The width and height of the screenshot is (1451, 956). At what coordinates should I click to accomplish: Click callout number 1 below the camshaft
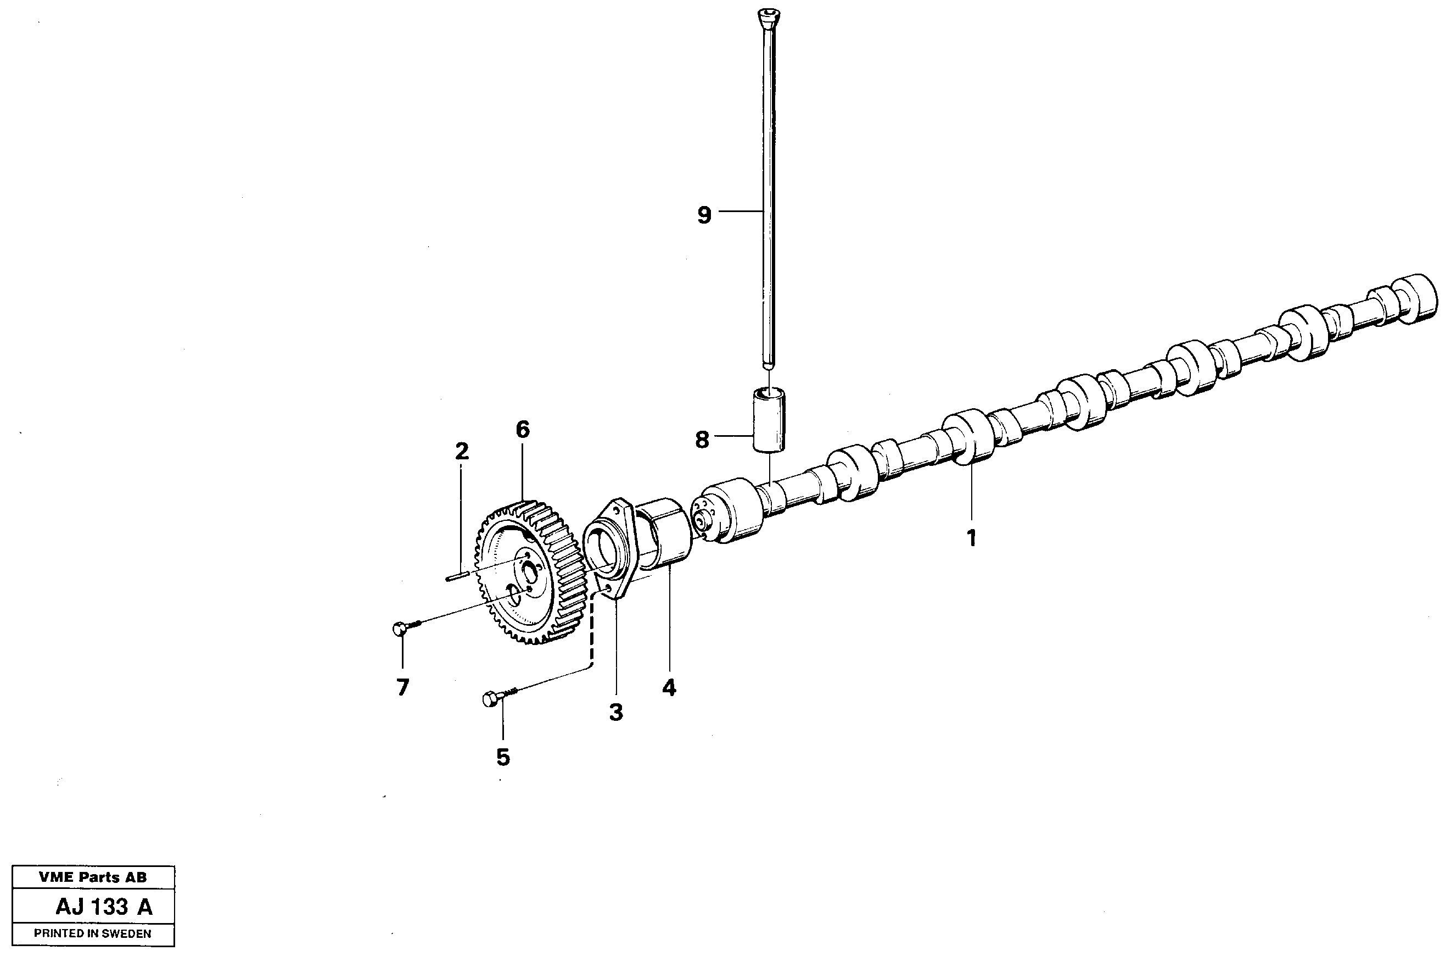tap(972, 538)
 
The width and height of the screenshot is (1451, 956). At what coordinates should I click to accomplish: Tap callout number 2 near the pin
tap(462, 452)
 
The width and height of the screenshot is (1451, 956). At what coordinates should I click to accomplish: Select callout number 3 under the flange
tap(616, 712)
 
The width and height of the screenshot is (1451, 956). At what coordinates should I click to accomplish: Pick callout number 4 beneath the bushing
tap(669, 688)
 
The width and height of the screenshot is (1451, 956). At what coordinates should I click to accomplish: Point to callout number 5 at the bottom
tap(502, 757)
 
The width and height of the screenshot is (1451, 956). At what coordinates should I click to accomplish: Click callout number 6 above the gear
tap(523, 430)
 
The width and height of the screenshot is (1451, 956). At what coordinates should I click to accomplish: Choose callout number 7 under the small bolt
tap(402, 687)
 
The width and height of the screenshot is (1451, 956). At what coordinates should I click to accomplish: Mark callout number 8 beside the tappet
tap(702, 439)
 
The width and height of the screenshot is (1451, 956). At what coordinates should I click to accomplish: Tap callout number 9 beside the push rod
tap(704, 215)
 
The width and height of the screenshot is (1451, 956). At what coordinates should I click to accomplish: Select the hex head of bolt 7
tap(400, 629)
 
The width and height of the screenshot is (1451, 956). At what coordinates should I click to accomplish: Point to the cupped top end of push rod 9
tap(768, 15)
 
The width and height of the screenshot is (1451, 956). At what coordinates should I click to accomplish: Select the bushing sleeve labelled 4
tap(664, 536)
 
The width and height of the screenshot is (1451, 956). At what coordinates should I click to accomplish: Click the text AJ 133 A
tap(104, 907)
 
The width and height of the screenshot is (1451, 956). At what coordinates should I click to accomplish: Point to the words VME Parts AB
tap(93, 877)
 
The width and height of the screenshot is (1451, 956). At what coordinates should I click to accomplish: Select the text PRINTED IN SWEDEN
tap(93, 933)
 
